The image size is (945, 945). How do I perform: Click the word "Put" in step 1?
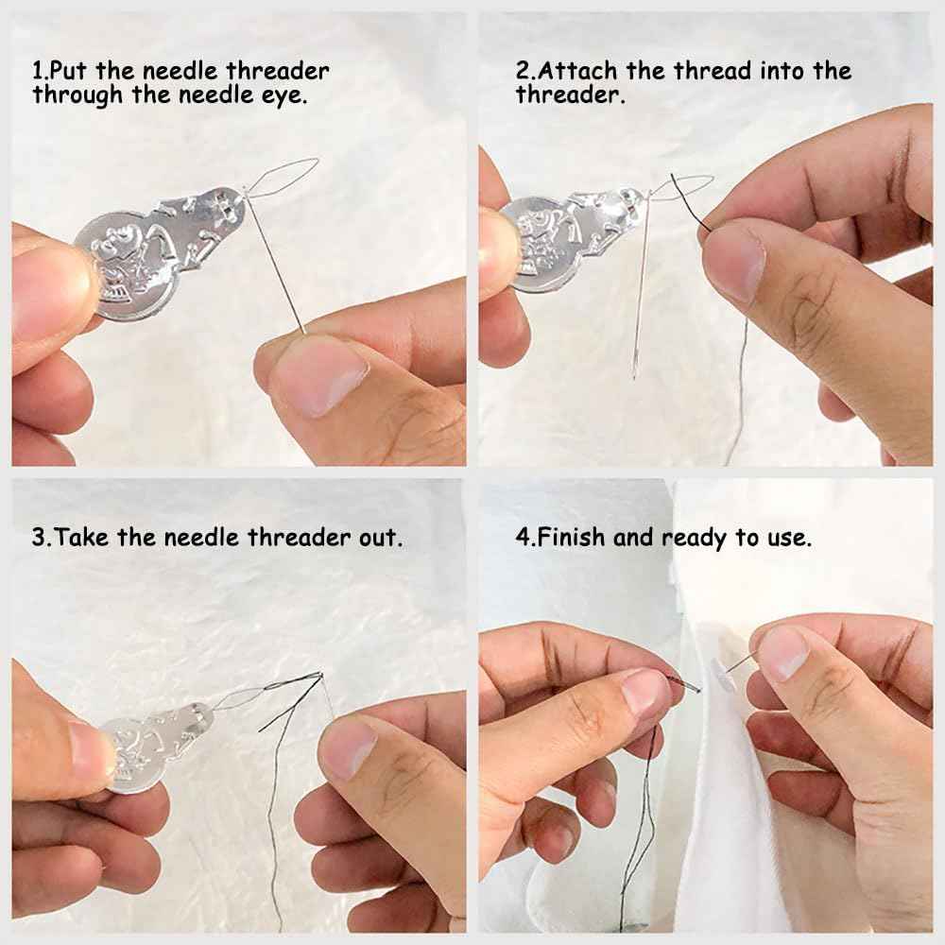(69, 71)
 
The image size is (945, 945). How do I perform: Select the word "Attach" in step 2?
(578, 71)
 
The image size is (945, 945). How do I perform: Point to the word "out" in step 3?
(379, 537)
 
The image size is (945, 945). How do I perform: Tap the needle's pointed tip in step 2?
(634, 378)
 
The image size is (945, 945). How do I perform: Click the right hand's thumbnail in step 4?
(782, 651)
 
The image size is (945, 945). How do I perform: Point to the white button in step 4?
(723, 675)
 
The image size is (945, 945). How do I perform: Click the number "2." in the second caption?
(524, 71)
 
